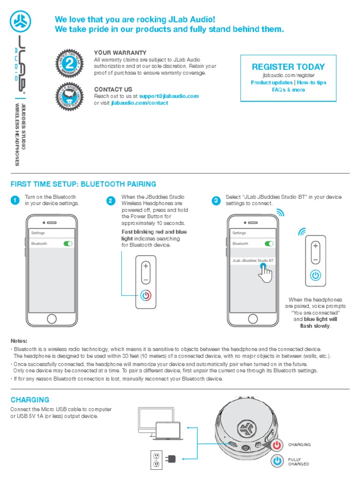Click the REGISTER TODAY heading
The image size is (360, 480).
click(288, 67)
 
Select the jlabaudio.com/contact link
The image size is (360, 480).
click(139, 103)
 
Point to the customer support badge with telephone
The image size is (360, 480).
click(69, 96)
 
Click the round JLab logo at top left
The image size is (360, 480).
click(20, 20)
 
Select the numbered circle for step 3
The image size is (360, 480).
click(216, 201)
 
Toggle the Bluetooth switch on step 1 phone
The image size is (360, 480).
click(68, 244)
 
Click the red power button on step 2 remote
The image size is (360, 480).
click(146, 296)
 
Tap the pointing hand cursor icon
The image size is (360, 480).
click(265, 273)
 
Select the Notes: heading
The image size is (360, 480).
click(19, 341)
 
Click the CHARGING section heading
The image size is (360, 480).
click(30, 400)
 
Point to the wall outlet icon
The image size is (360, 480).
click(156, 459)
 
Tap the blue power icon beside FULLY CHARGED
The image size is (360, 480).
click(277, 461)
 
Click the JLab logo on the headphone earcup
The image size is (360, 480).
click(245, 428)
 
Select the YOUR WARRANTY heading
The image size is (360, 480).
click(120, 53)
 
